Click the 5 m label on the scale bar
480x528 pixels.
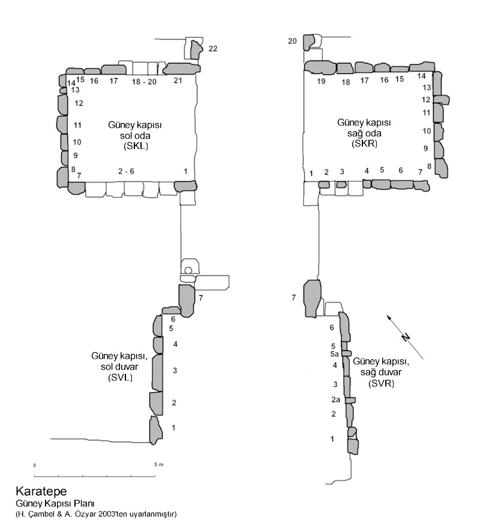point(159,464)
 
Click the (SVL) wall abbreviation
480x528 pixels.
point(119,377)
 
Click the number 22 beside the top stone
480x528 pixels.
point(213,49)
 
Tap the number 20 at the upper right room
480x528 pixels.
point(292,41)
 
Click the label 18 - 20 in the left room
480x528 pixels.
point(143,81)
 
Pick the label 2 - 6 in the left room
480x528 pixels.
point(126,172)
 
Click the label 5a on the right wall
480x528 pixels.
point(335,354)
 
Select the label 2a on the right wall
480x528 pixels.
point(336,400)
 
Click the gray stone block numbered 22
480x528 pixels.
point(195,47)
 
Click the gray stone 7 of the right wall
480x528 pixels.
point(312,297)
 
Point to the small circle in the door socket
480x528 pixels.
point(188,271)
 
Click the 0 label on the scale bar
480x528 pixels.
point(35,465)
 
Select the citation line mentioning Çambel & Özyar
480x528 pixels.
point(96,514)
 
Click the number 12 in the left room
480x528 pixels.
point(79,103)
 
